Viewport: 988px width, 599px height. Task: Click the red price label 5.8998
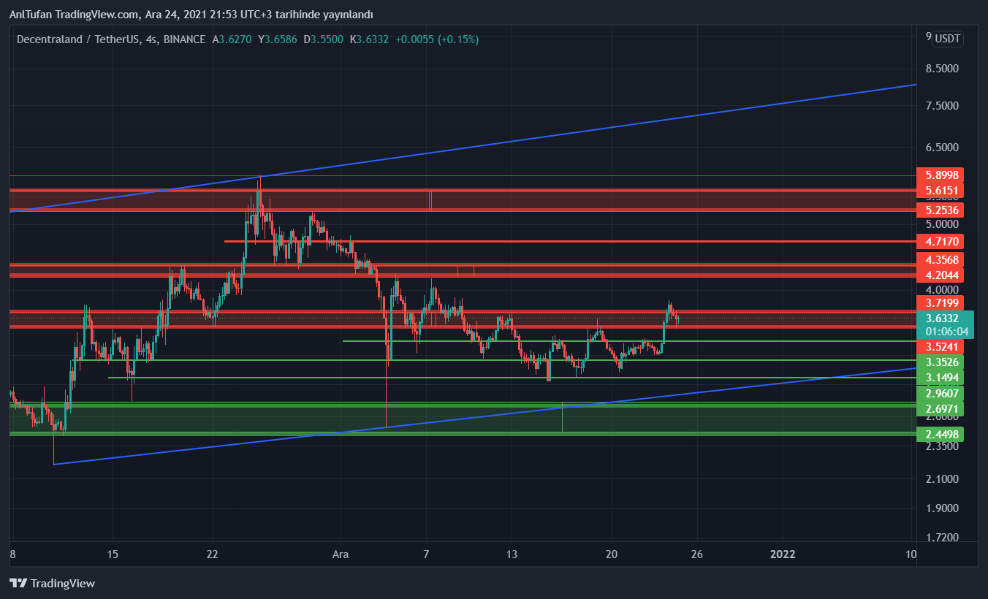coord(940,175)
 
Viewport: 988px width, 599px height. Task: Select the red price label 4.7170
coord(940,241)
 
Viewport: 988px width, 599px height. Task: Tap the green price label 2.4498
coord(940,435)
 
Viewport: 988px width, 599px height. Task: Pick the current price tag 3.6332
coord(945,318)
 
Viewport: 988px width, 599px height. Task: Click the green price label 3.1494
coord(940,377)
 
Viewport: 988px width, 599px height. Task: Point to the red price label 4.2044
coord(940,275)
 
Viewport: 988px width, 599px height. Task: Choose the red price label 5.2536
coord(940,210)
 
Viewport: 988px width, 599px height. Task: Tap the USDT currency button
coord(948,39)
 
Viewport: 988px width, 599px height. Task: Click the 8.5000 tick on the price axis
coord(941,69)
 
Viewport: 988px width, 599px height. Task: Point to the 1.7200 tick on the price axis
coord(941,538)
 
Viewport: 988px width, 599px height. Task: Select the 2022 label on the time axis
coord(783,554)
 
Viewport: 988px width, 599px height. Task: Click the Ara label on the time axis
coord(341,554)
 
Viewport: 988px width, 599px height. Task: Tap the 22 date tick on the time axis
coord(212,554)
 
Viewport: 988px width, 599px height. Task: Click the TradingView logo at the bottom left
coord(52,583)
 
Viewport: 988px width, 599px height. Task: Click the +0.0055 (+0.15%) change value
coord(437,39)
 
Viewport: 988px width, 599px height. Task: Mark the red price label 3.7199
coord(940,302)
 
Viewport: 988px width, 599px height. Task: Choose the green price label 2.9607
coord(940,393)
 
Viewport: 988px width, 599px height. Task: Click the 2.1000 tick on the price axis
coord(941,479)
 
